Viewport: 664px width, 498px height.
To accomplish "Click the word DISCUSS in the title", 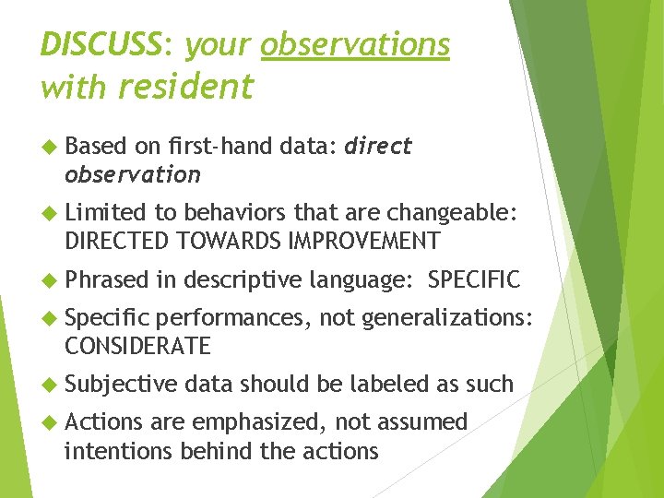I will pos(101,43).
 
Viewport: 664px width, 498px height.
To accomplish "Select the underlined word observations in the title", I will pos(355,43).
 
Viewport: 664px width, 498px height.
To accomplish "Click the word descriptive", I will pos(243,279).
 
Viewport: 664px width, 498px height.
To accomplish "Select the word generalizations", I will pos(445,318).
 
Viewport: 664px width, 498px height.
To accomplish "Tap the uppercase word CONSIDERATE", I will pos(137,347).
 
